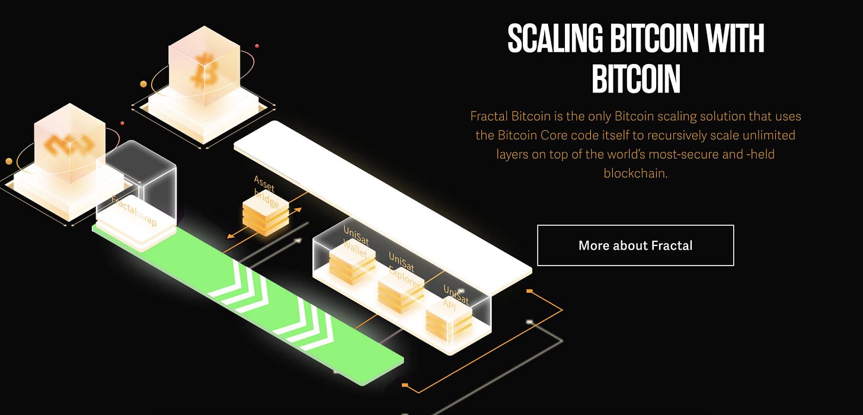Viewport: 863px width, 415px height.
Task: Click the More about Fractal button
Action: coord(635,245)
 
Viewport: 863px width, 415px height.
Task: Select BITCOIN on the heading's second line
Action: coord(635,79)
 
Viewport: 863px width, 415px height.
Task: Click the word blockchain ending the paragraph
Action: coord(635,174)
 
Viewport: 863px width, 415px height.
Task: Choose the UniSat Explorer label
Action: coord(404,270)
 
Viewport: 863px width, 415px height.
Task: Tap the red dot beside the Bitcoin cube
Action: coord(257,46)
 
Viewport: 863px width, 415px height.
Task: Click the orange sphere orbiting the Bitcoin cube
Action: coord(143,84)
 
